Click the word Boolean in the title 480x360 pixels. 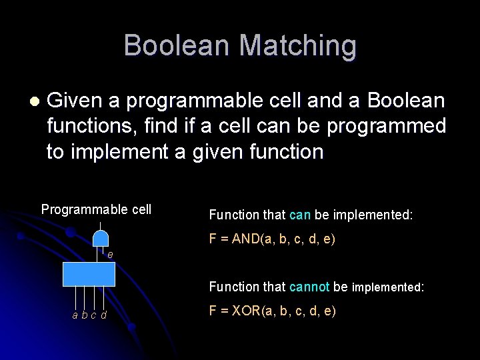pos(177,45)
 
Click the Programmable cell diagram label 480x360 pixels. pos(96,209)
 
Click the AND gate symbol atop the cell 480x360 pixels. pos(100,238)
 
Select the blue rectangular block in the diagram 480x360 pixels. pos(89,273)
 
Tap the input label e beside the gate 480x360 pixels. pos(110,255)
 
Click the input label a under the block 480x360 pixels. pos(75,315)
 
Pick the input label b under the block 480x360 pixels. pos(84,315)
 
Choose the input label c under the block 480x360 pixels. pos(93,315)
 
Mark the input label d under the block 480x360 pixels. pos(103,315)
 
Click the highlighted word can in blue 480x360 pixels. pos(300,215)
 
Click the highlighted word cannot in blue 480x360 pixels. pos(309,287)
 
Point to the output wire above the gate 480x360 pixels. pos(100,224)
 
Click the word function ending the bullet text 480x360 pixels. pos(283,151)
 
